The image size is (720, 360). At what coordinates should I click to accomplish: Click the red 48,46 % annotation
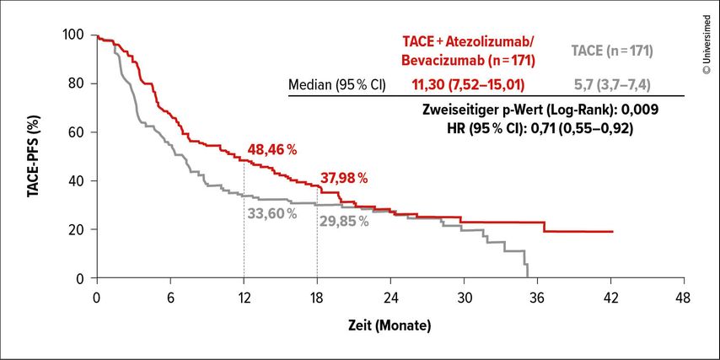(x=271, y=150)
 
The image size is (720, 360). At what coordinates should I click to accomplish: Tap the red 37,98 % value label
(x=344, y=178)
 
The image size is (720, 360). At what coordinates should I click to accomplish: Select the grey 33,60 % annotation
(x=271, y=213)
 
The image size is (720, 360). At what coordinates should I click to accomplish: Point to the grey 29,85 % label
(x=344, y=222)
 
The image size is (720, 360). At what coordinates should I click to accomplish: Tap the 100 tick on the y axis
(x=73, y=35)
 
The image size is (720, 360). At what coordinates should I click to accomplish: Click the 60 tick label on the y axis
(x=77, y=132)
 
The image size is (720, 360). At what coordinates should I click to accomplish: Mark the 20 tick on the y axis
(x=77, y=230)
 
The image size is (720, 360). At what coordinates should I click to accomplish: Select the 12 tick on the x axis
(x=244, y=297)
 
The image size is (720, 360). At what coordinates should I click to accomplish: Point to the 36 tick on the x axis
(x=537, y=297)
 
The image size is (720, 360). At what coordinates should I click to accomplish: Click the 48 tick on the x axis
(x=684, y=297)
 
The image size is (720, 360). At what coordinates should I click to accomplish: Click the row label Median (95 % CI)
(x=336, y=84)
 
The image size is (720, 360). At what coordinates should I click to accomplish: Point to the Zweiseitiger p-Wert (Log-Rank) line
(x=539, y=110)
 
